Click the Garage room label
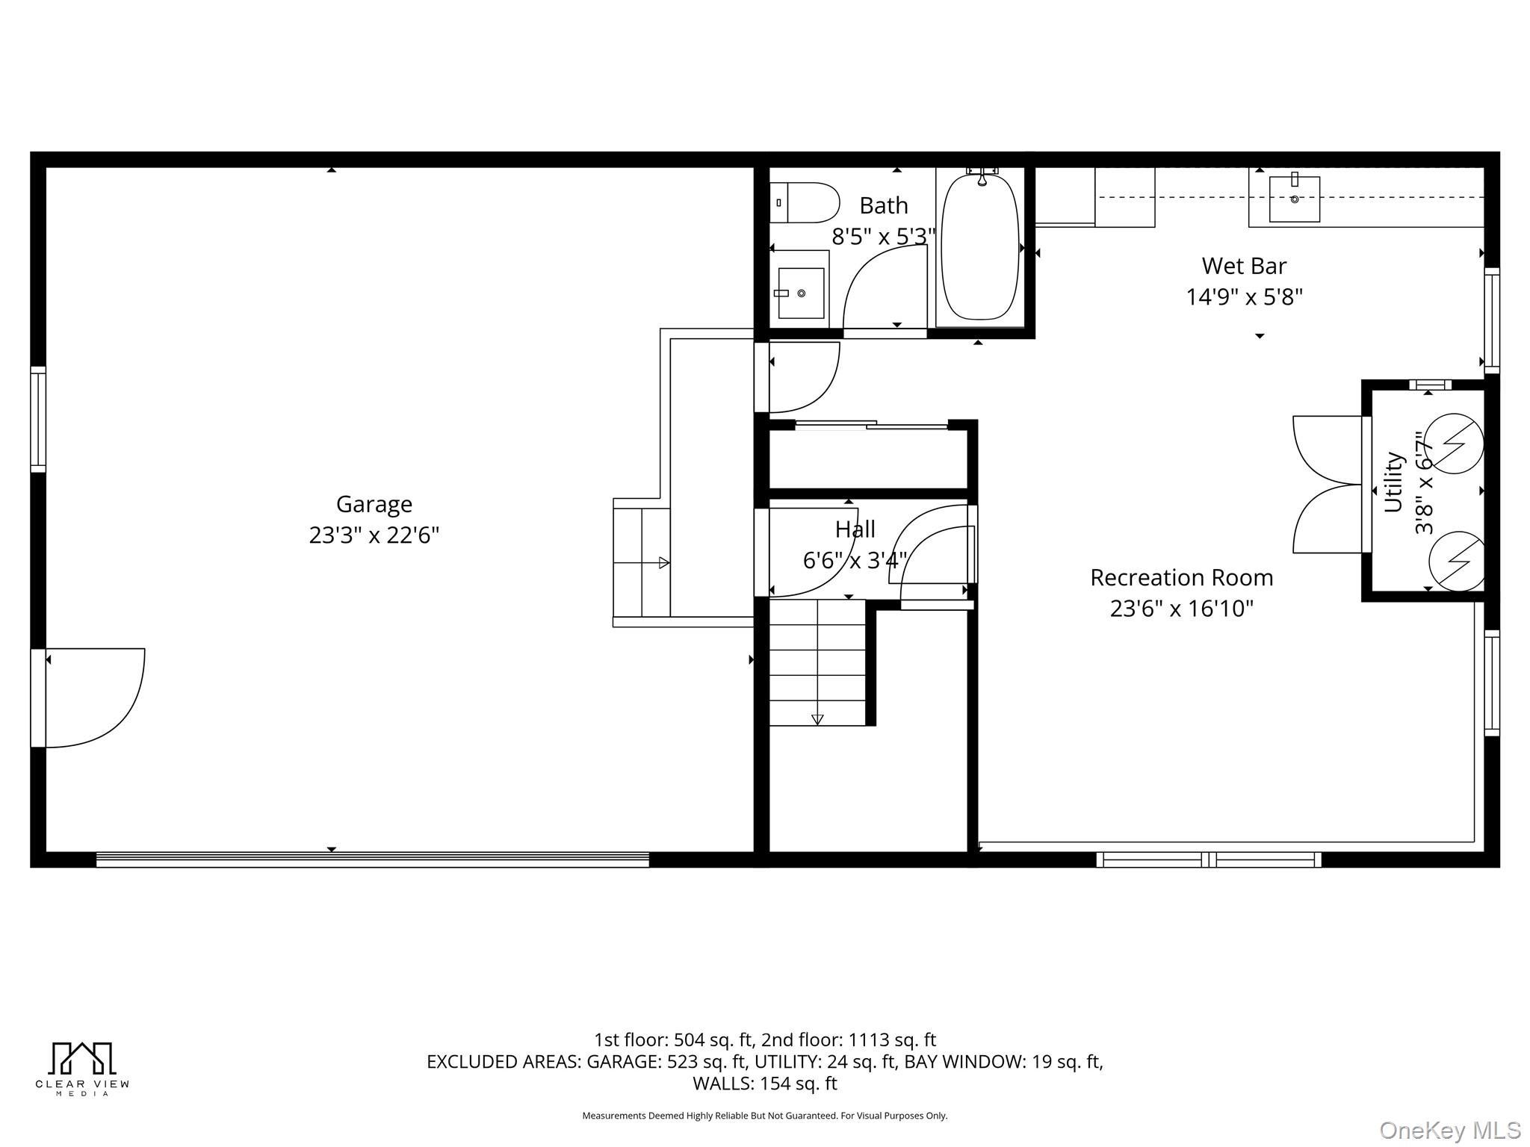tap(374, 504)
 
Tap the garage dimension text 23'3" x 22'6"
tap(374, 535)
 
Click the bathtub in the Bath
tap(979, 246)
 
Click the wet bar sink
tap(1294, 199)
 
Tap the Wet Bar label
tap(1244, 266)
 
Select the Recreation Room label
tap(1181, 577)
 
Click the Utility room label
tap(1394, 482)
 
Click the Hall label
tap(855, 529)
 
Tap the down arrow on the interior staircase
tap(817, 719)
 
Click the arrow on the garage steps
tap(663, 563)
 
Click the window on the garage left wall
tap(38, 420)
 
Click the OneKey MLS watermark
tap(1449, 1130)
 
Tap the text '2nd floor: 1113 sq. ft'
tap(849, 1039)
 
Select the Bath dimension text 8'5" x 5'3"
tap(883, 237)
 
